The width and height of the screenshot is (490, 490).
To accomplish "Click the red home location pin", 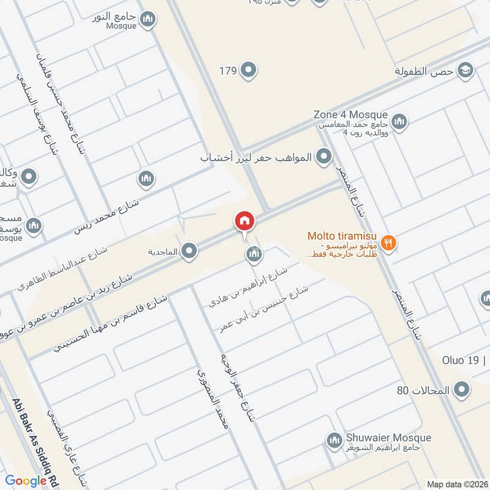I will [x=244, y=221].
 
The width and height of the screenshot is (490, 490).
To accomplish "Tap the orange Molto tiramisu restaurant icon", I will [x=388, y=243].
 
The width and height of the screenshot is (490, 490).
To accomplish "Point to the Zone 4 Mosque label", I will [x=350, y=115].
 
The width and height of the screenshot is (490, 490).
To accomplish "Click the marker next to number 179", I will [x=248, y=71].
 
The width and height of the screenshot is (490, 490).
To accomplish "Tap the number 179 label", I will [x=228, y=71].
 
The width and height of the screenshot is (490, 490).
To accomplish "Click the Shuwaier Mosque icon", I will [x=334, y=440].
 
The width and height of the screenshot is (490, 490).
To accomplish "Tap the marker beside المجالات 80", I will [x=462, y=389].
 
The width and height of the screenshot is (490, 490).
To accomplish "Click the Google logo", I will [x=26, y=481].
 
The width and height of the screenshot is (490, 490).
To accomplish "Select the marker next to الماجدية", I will [x=190, y=251].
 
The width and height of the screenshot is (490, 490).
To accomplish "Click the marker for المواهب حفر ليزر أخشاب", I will [x=322, y=158].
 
